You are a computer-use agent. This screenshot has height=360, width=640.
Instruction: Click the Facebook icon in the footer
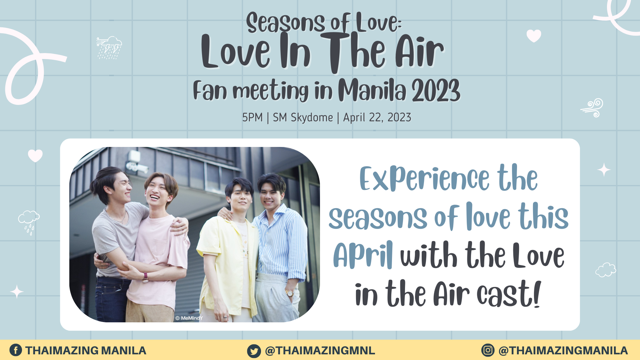click(x=16, y=350)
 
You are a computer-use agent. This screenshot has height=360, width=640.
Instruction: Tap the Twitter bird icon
click(x=254, y=351)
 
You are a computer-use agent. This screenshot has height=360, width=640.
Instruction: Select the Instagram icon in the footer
click(x=488, y=350)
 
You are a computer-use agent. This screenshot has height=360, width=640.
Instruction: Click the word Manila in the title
click(x=372, y=90)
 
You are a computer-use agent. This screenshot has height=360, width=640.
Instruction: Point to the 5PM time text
click(x=252, y=118)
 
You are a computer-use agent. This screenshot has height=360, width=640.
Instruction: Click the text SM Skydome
click(x=303, y=118)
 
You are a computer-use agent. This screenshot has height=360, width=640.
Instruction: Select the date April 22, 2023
click(x=377, y=118)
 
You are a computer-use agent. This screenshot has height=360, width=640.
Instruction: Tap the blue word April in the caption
click(x=363, y=255)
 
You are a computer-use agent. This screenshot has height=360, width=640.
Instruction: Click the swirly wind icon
click(x=592, y=108)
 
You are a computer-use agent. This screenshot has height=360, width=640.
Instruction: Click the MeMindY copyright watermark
click(x=189, y=318)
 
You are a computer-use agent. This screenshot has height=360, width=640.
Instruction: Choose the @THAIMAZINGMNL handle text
click(x=320, y=351)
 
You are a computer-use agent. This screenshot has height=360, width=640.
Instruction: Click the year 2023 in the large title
click(x=436, y=90)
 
